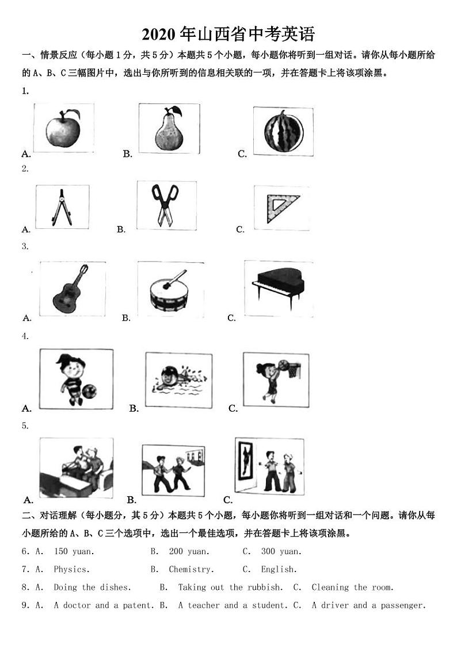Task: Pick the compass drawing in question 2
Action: click(x=62, y=207)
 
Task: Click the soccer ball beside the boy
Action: click(x=90, y=392)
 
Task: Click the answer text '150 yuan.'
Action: click(x=74, y=551)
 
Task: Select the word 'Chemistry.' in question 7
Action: click(x=191, y=570)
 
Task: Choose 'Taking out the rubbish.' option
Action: click(x=230, y=588)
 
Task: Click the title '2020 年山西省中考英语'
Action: click(x=228, y=34)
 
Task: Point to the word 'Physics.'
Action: click(x=72, y=570)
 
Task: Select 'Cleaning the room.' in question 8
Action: click(x=352, y=588)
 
